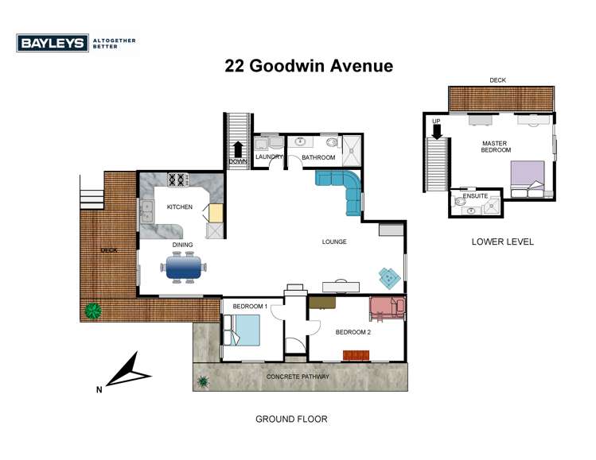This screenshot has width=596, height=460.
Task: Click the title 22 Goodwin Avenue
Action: (309, 66)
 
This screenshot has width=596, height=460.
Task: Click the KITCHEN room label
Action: (179, 207)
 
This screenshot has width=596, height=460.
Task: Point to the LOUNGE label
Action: (333, 242)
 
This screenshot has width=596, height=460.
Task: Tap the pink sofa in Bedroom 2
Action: (387, 308)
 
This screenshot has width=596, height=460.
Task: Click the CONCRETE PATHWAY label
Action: (298, 376)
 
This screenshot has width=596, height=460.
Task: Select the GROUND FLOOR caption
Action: (290, 419)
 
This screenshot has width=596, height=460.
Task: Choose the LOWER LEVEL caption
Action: (501, 242)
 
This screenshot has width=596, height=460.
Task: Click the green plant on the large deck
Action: (93, 309)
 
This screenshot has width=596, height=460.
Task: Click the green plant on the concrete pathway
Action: (204, 381)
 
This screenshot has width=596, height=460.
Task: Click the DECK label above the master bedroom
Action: (497, 80)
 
